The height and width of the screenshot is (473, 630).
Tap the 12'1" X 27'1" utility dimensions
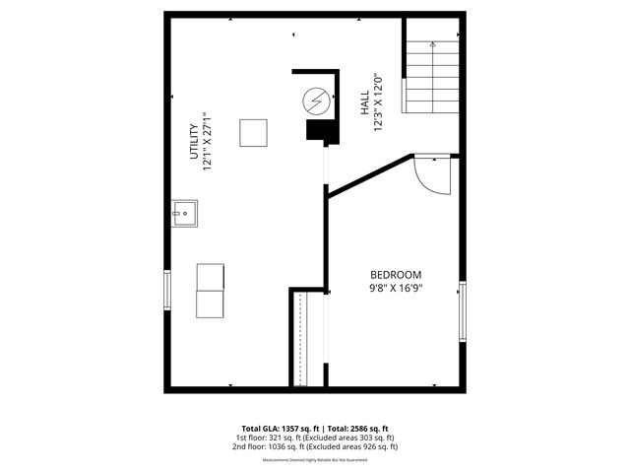[x=208, y=141]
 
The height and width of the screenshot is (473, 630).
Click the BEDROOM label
[x=396, y=274]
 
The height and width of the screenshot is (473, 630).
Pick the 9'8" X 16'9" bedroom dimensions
[x=396, y=288]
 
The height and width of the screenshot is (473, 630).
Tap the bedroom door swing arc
[x=431, y=176]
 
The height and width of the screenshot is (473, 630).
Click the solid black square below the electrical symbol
[x=319, y=132]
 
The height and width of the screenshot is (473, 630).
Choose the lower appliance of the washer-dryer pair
[x=211, y=304]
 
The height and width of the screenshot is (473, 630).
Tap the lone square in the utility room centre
[x=254, y=132]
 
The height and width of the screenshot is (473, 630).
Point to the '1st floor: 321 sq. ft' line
[x=272, y=438]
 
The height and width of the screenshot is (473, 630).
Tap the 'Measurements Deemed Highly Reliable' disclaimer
[x=314, y=460]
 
